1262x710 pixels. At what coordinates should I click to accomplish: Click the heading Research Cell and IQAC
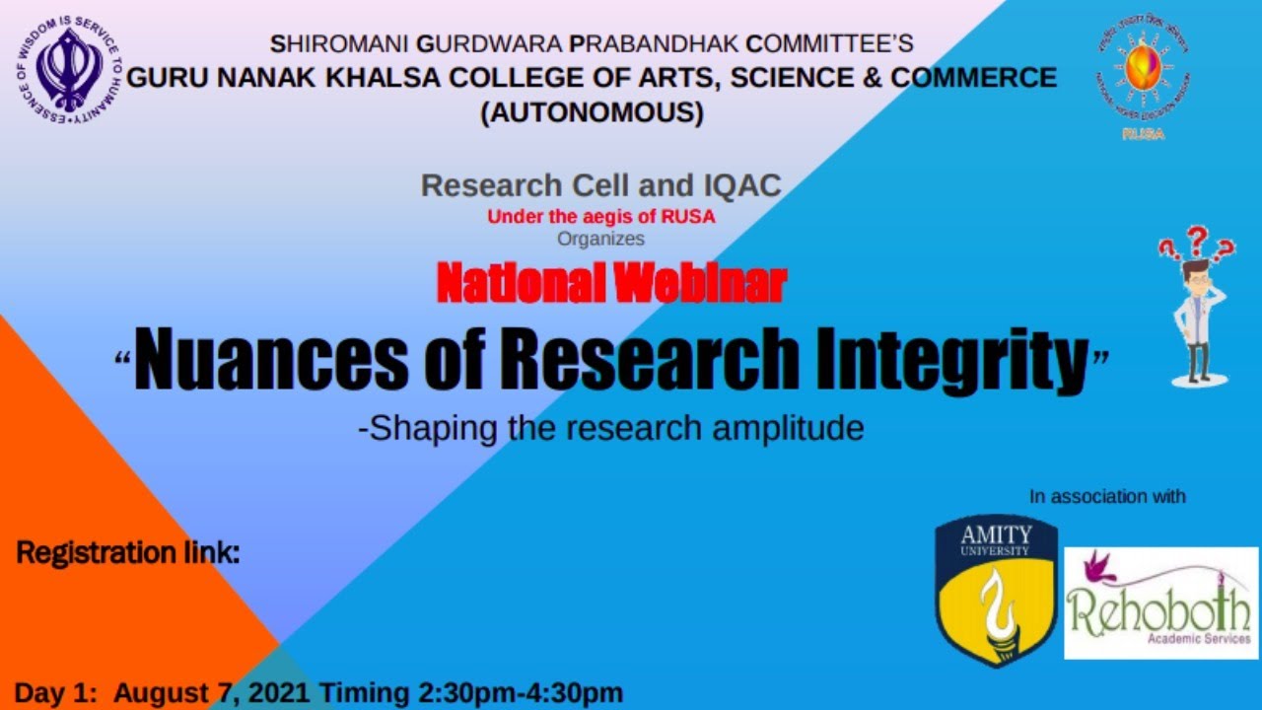(x=600, y=184)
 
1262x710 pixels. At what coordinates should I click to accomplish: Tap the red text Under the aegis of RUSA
(x=600, y=218)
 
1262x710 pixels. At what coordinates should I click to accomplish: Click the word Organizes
(x=600, y=239)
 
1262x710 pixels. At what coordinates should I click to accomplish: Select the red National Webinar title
(x=610, y=284)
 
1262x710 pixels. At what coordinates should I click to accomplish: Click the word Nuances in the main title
(x=270, y=360)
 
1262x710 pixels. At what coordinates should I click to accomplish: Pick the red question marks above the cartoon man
(x=1196, y=242)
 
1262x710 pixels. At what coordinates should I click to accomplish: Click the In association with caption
(x=1107, y=497)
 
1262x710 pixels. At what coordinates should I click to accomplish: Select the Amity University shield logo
(x=996, y=589)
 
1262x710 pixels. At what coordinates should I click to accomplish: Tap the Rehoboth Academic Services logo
(x=1160, y=603)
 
